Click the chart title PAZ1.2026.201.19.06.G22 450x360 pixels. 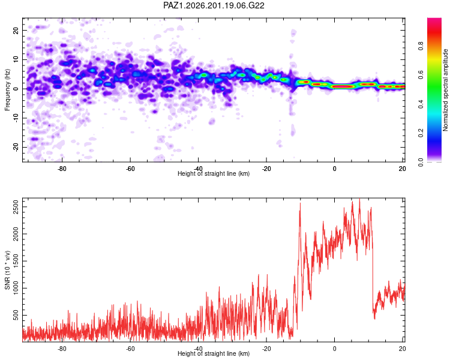click(x=214, y=5)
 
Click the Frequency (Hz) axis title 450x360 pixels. click(x=7, y=90)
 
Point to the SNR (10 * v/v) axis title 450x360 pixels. click(x=7, y=270)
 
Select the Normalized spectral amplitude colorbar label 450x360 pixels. click(x=445, y=90)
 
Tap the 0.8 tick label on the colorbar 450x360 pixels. click(x=421, y=46)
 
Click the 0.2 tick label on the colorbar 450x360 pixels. click(x=421, y=133)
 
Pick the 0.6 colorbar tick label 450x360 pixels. click(x=421, y=75)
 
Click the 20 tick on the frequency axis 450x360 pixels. click(x=16, y=31)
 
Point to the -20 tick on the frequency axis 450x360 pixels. click(x=16, y=147)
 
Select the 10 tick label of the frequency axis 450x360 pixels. click(x=16, y=59)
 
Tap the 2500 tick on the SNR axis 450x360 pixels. click(x=16, y=206)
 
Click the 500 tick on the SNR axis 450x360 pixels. click(x=16, y=315)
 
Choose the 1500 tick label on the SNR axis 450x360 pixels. click(x=16, y=261)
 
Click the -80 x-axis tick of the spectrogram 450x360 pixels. click(x=62, y=169)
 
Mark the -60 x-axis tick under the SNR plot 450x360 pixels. click(x=130, y=349)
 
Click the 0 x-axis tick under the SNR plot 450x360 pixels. click(x=334, y=349)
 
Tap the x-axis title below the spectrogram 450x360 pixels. click(x=214, y=173)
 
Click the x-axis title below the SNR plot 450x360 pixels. click(x=214, y=353)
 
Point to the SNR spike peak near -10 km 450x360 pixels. click(x=300, y=203)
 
